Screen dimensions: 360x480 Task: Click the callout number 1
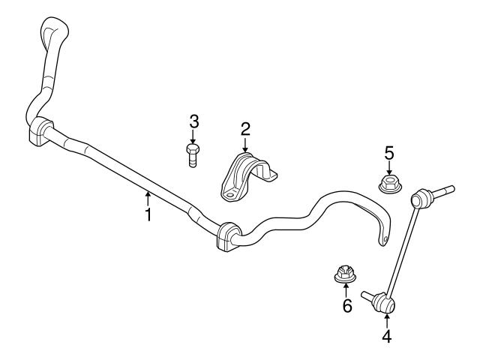pos(148,215)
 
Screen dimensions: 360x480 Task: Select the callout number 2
pos(245,129)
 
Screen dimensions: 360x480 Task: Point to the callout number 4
pos(387,337)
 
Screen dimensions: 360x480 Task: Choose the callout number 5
pos(389,153)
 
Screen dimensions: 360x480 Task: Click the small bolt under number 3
pos(193,154)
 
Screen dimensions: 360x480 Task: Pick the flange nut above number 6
pos(345,273)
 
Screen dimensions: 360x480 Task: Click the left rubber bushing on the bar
pos(40,133)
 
